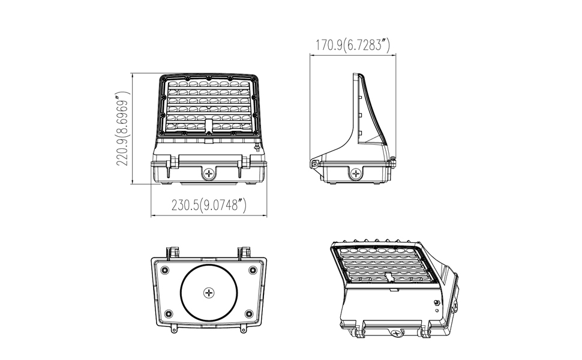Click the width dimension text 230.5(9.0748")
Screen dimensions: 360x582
[x=209, y=205]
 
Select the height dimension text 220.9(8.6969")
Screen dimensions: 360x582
[x=124, y=137]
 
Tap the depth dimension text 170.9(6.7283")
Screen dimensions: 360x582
[x=353, y=44]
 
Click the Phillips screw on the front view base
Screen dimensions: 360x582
[x=209, y=174]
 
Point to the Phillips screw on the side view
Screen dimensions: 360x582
[x=357, y=174]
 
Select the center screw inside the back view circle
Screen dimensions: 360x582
[x=209, y=293]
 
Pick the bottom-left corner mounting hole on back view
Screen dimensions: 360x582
[x=168, y=313]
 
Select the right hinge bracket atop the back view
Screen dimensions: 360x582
[x=244, y=251]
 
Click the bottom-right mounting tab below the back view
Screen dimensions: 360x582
[x=243, y=328]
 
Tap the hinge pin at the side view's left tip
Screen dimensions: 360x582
[x=313, y=163]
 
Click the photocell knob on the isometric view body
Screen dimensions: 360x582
[x=436, y=303]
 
